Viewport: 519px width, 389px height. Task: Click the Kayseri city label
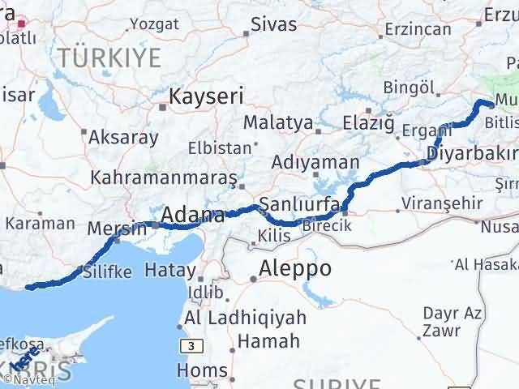206,96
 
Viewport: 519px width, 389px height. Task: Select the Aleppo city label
295,269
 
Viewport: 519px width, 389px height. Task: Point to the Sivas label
273,24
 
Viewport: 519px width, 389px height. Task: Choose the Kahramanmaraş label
164,177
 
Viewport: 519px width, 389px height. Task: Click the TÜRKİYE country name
109,57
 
